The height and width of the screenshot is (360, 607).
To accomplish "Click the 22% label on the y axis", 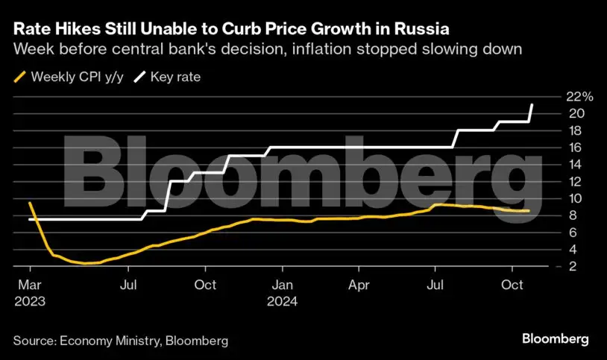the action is click(x=579, y=96).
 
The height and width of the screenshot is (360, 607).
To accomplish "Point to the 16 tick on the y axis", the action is click(x=574, y=148).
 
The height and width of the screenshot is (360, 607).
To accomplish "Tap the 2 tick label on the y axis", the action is click(x=573, y=266).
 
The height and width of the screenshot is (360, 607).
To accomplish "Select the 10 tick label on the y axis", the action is click(x=574, y=198).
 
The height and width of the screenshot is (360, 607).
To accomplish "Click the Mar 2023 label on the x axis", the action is click(x=30, y=293).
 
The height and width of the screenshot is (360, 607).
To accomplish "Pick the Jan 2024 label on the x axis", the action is click(x=282, y=293).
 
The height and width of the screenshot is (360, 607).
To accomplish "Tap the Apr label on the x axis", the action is click(x=359, y=285).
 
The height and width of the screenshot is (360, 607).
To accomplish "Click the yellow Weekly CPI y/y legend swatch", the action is click(x=19, y=77).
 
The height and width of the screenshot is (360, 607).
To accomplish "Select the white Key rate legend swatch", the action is click(x=139, y=77).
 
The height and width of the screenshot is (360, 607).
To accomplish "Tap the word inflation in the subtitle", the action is click(x=322, y=49).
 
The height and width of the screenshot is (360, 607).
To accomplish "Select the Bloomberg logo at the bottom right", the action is click(x=555, y=339).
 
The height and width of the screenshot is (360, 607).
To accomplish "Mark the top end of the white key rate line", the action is click(x=532, y=104).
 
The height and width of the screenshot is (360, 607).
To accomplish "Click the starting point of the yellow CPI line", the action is click(x=30, y=203).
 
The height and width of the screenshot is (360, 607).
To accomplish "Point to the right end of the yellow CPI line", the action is click(x=529, y=211).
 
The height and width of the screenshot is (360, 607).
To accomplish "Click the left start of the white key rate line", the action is click(x=30, y=219).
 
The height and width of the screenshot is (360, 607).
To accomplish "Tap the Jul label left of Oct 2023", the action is click(x=128, y=285).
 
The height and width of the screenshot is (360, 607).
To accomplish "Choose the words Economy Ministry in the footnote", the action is click(x=110, y=341).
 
